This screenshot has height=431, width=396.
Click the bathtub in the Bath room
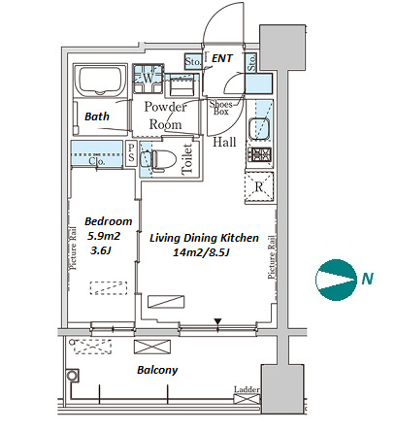(x=99, y=80)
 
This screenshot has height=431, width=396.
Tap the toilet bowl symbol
(x=164, y=159)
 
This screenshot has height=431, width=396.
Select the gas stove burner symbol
(x=259, y=154)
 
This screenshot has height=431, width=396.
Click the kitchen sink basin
(x=259, y=128)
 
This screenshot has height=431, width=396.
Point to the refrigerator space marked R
(x=259, y=187)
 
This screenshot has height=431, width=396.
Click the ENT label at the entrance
(x=222, y=58)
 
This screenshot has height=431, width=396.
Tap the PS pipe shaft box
(x=131, y=154)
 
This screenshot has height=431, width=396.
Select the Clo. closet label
(x=97, y=161)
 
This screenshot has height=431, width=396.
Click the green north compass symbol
(x=336, y=280)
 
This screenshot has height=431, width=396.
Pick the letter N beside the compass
(x=367, y=279)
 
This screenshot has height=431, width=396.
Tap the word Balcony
(x=157, y=370)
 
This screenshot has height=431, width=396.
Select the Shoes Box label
(x=220, y=108)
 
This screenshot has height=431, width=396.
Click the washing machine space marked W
(x=148, y=79)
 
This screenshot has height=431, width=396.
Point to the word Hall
(x=224, y=142)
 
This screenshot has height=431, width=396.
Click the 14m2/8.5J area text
(x=201, y=252)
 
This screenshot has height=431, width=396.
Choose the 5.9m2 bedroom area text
(x=104, y=236)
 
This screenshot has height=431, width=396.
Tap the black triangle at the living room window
(x=218, y=321)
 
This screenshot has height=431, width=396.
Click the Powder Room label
(x=165, y=116)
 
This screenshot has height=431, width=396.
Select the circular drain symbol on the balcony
(x=72, y=376)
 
